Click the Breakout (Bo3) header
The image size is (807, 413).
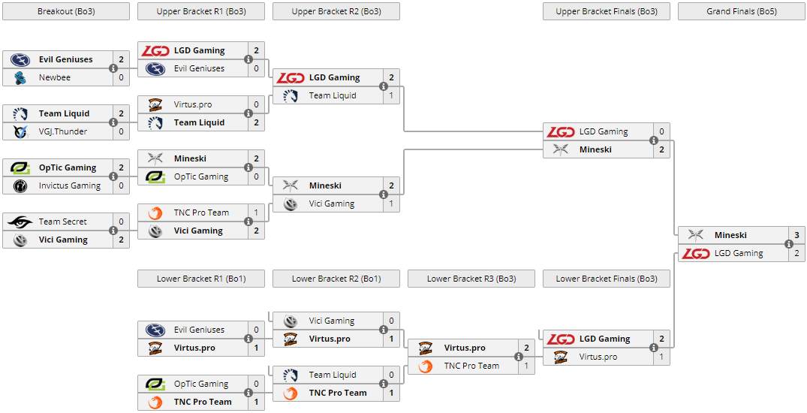65,11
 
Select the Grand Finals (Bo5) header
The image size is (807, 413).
741,11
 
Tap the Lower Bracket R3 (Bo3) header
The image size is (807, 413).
471,279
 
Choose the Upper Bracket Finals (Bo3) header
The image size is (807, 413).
606,11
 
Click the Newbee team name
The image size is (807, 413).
55,77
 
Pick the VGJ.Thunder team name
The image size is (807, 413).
63,131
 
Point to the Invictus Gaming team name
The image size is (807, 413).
70,185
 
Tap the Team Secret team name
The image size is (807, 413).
63,222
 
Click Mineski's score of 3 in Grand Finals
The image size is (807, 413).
796,235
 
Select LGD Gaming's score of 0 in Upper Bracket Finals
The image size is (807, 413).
661,131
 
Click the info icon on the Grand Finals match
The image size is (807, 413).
789,244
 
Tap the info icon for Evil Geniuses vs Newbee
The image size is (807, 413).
113,68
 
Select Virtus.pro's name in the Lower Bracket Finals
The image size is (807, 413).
598,357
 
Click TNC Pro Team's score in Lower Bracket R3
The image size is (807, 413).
526,366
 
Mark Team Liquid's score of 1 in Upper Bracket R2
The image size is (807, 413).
391,95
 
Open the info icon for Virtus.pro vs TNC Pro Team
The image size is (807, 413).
519,357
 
